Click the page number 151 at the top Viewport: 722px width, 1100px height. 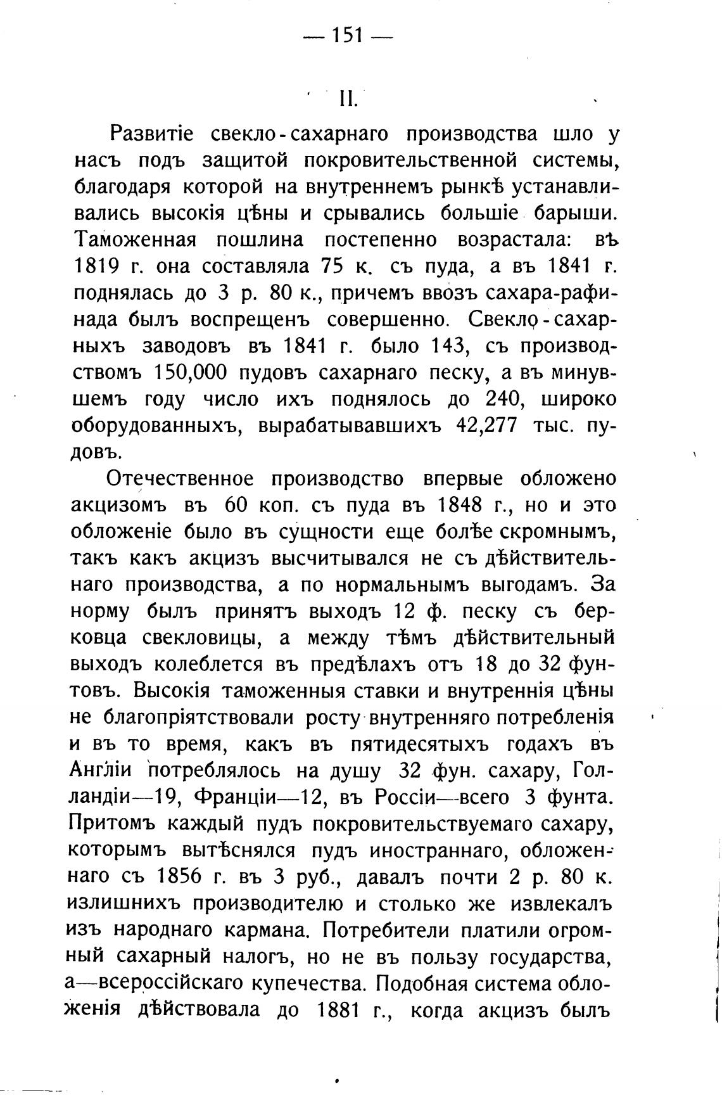coord(347,37)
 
